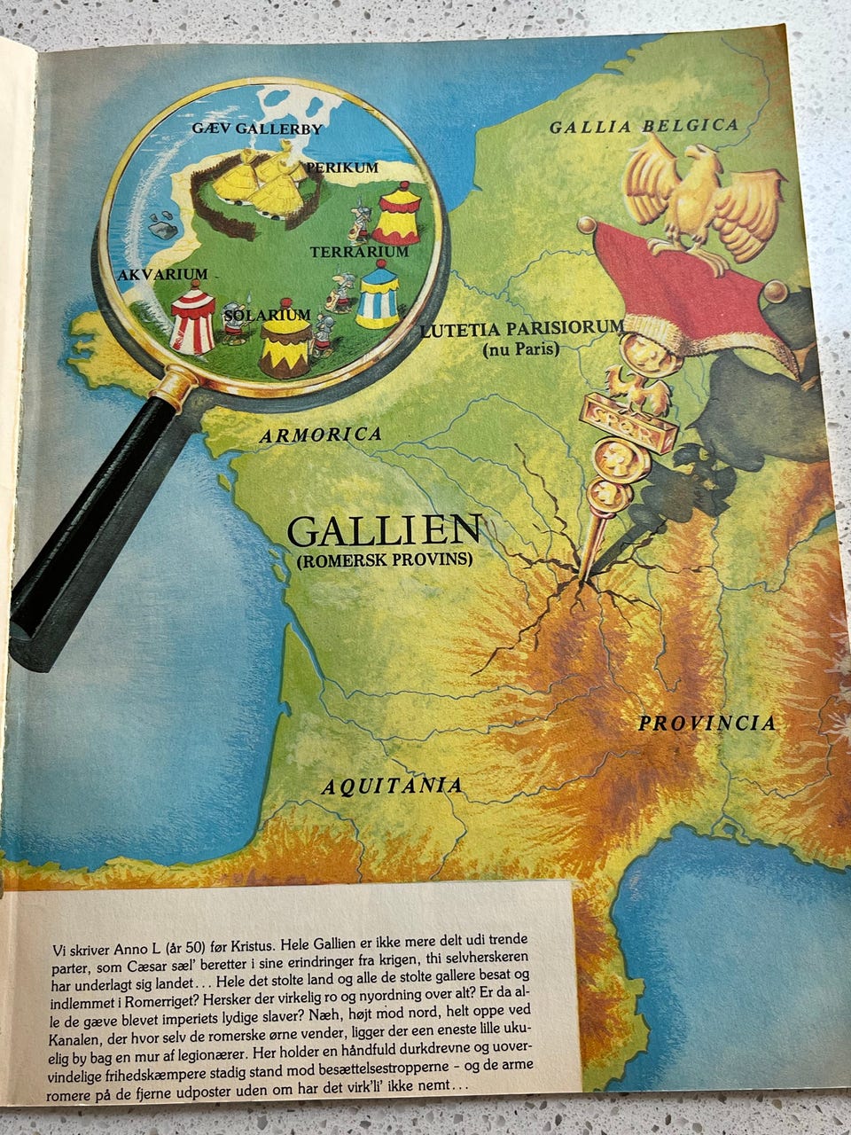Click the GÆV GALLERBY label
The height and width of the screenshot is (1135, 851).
point(256,129)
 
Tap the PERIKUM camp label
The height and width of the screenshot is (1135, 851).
point(343,167)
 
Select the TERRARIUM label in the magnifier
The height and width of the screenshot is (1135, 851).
point(359,252)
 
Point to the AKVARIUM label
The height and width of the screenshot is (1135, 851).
point(162,275)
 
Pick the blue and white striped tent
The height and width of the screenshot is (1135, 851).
point(379,294)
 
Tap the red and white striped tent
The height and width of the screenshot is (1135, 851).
point(192,317)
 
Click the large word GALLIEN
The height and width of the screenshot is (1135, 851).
point(383,530)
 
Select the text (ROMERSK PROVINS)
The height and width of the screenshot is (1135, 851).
point(385,560)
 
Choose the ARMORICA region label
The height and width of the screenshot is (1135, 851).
point(321,434)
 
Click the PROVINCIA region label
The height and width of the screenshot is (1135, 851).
point(707,723)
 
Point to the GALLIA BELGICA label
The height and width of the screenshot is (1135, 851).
point(644,126)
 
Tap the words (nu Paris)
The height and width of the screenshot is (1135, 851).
point(521,349)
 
